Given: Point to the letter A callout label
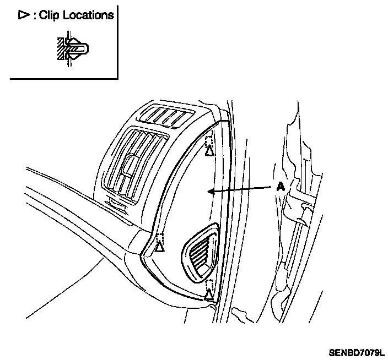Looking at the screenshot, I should (280, 187).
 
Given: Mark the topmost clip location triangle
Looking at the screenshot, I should (209, 150).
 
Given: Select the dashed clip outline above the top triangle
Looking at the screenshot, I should (209, 138).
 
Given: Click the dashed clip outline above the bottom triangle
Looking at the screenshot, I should (209, 285).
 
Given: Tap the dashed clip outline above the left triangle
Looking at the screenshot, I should (160, 238).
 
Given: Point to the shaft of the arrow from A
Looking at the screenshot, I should (242, 189).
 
